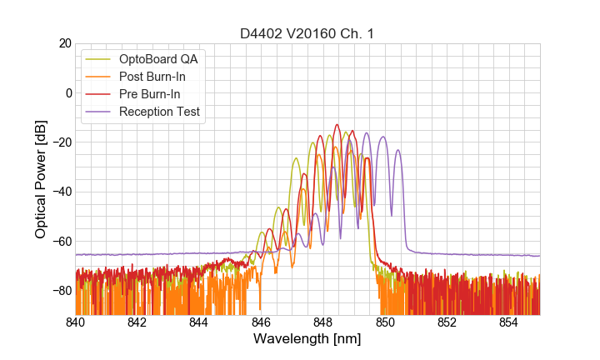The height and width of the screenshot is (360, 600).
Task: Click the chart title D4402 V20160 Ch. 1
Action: tap(307, 33)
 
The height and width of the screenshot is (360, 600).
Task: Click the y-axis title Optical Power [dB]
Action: tap(41, 179)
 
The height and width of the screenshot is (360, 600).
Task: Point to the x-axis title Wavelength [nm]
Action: tap(307, 339)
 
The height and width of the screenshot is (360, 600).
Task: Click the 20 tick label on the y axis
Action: tap(63, 43)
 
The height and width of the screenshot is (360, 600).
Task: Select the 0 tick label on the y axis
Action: tap(67, 92)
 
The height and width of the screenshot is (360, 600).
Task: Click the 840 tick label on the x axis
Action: tap(75, 322)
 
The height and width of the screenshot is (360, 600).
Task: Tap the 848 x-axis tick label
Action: tap(322, 322)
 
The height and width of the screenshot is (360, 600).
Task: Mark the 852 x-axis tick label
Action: tap(447, 322)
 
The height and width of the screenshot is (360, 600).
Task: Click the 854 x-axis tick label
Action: tap(508, 322)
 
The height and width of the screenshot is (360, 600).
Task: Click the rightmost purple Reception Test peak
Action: tap(397, 151)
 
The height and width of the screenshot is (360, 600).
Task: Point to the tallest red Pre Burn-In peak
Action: tap(337, 125)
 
